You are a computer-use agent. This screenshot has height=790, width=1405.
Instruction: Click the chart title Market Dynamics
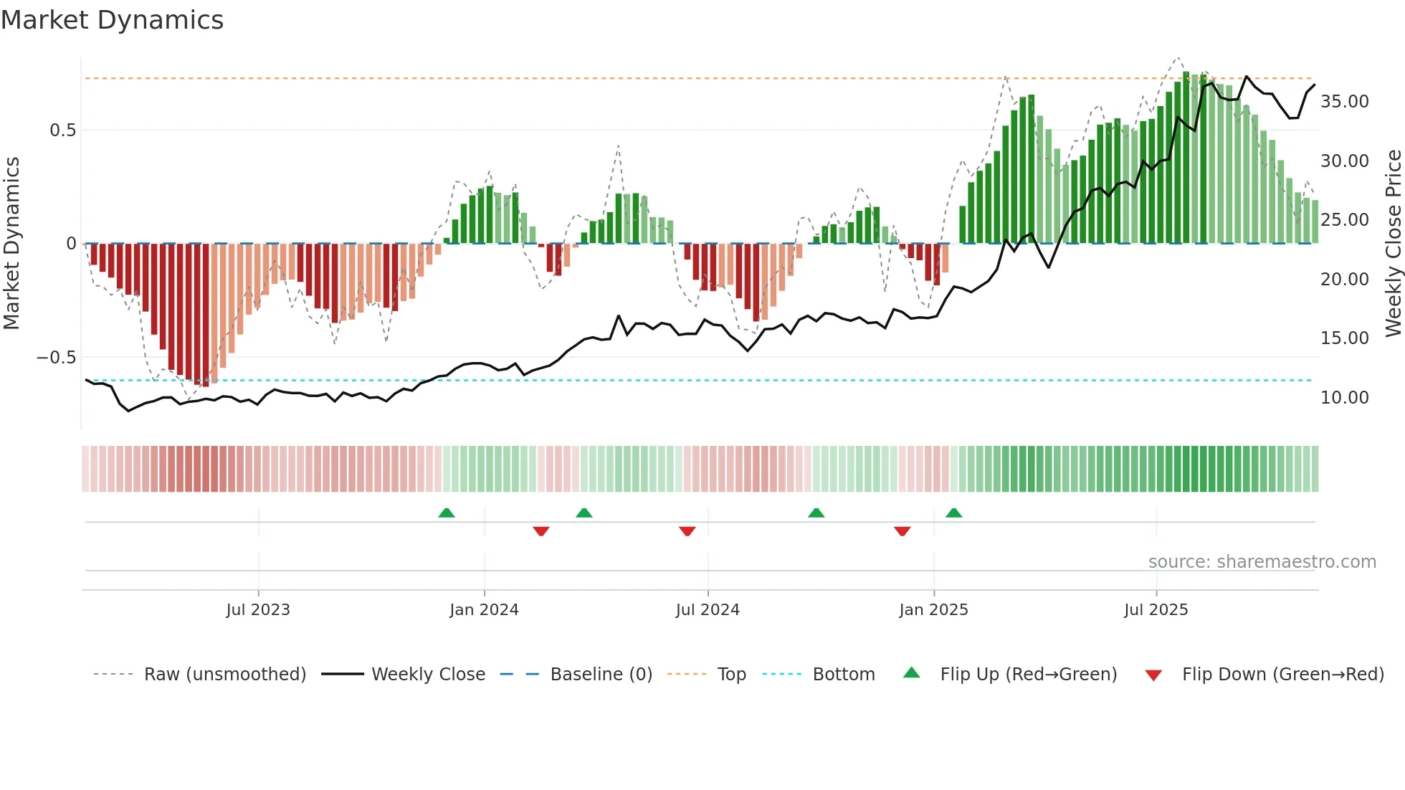click(113, 20)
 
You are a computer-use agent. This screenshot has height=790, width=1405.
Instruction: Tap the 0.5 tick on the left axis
click(62, 130)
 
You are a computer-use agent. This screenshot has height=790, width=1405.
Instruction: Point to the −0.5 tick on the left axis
click(56, 358)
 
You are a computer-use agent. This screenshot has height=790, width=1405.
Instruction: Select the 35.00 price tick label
click(1344, 102)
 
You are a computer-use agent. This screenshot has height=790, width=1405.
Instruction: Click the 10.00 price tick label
click(1344, 398)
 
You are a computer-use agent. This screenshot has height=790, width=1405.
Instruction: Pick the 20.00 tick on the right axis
click(1344, 280)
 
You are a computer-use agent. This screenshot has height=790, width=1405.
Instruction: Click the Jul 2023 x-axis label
click(258, 610)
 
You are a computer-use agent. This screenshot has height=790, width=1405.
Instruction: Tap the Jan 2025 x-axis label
click(933, 610)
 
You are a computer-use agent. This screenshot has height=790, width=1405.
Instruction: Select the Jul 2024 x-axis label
click(708, 610)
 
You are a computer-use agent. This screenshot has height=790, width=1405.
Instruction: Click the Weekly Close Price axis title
click(1393, 244)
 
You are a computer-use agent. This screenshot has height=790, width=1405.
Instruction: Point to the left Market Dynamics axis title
click(11, 244)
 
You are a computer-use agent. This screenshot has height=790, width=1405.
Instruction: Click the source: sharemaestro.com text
click(1262, 562)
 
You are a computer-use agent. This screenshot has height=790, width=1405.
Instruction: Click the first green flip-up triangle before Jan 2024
click(447, 513)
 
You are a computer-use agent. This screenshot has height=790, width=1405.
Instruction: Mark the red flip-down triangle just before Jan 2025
click(902, 531)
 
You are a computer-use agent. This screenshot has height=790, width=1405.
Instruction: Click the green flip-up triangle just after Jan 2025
click(953, 513)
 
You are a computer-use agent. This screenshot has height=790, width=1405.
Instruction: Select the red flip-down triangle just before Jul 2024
click(687, 531)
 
